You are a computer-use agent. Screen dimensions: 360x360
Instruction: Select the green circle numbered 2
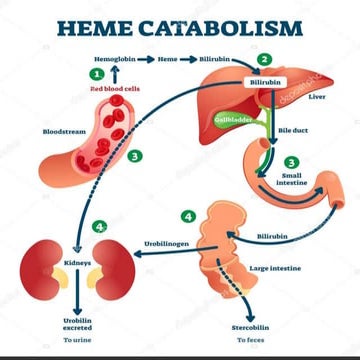pos(263,59)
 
